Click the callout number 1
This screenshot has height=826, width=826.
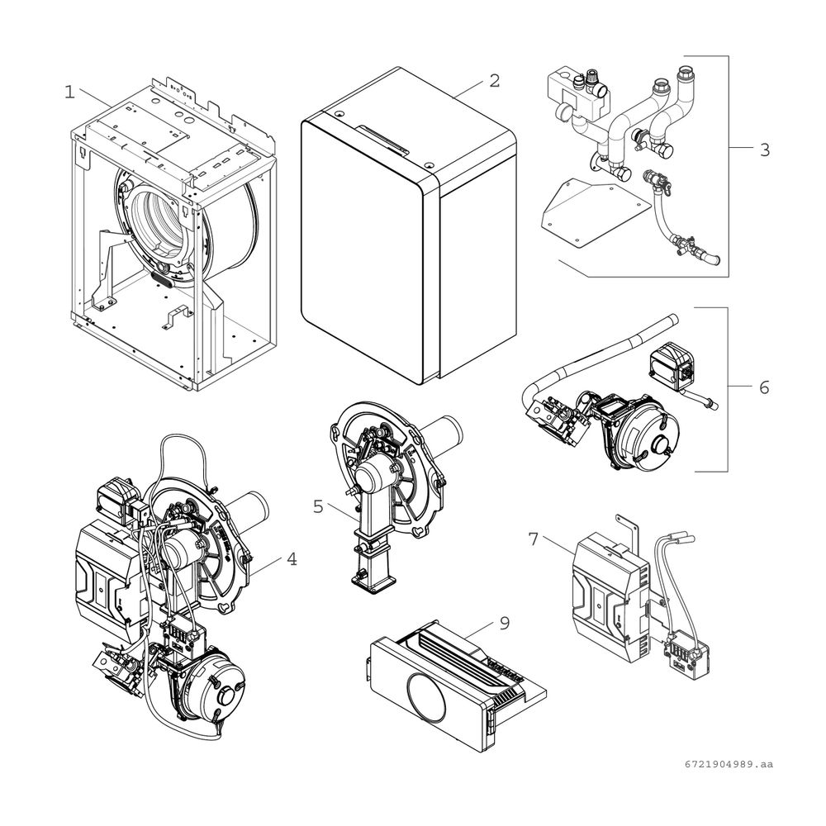click(69, 93)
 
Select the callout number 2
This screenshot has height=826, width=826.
click(494, 81)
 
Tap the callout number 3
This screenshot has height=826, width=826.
click(765, 150)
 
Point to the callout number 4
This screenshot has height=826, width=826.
click(292, 559)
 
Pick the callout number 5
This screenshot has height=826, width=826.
click(318, 507)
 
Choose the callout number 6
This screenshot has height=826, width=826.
click(764, 387)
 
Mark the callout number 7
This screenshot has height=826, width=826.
click(534, 539)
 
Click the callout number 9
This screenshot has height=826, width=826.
click(505, 623)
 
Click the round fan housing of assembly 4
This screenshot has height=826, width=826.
click(215, 690)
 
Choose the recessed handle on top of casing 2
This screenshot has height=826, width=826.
click(382, 140)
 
